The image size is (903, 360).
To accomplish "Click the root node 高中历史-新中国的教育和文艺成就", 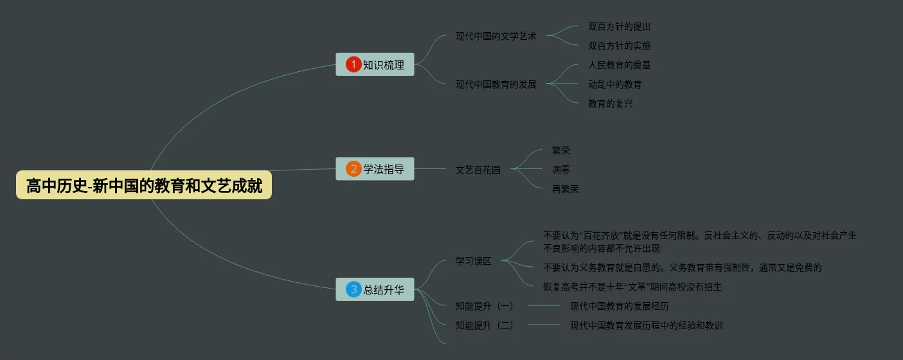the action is tap(144, 186).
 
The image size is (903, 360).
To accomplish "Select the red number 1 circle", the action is tap(353, 64).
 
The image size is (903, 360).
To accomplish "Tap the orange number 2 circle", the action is tap(353, 169).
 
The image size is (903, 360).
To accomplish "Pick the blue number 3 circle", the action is tap(353, 289).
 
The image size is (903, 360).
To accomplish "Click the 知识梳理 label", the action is tap(384, 65).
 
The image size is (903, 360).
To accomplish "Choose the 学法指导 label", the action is tap(384, 170).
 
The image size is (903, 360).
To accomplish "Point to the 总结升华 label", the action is tap(384, 290).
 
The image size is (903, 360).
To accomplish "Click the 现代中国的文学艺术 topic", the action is tap(496, 36).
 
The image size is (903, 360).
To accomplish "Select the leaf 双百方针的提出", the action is tap(620, 27).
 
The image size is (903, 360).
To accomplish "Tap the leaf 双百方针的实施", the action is tap(620, 46).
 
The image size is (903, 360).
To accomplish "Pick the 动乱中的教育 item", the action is tap(615, 84).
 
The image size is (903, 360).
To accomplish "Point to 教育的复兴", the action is tap(611, 104).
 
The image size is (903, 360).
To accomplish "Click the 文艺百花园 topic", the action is tap(478, 170).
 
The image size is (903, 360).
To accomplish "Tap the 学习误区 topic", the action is tap(474, 261).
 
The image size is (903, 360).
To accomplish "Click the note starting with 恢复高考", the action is tap(632, 287).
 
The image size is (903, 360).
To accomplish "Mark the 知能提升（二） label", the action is tap(485, 325).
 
